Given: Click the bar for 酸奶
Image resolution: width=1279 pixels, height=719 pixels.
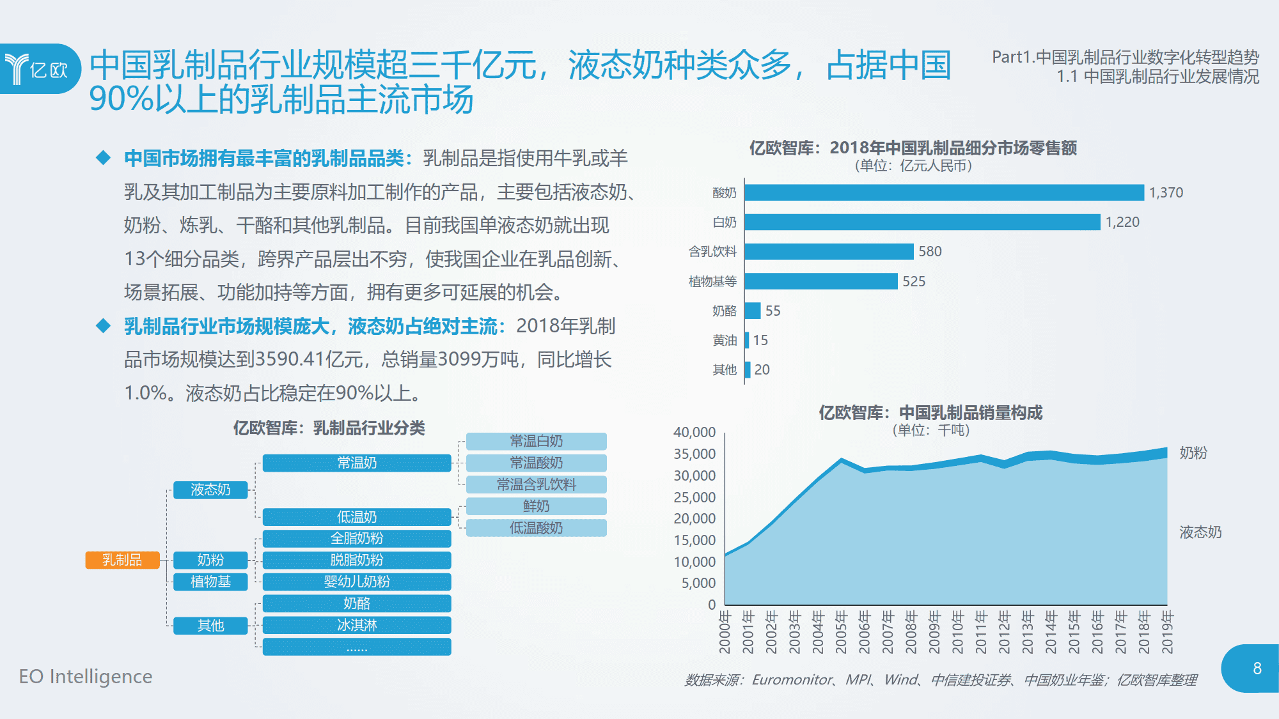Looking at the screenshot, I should [x=943, y=192].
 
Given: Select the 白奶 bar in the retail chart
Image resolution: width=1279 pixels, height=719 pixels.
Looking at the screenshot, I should [x=922, y=222].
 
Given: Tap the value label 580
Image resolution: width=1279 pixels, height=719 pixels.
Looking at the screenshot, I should [x=930, y=251].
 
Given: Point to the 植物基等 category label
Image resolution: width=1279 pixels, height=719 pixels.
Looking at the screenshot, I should [x=712, y=281].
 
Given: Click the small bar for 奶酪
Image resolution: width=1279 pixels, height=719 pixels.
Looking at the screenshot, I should [x=753, y=311].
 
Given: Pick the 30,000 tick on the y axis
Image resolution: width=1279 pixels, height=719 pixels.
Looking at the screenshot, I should [x=694, y=475].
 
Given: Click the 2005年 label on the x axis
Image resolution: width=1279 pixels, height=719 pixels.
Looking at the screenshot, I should [x=841, y=631].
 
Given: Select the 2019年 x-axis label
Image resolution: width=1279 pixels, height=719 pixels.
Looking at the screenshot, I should [x=1167, y=631].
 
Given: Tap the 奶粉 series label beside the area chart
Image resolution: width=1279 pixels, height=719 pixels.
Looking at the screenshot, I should [x=1193, y=452].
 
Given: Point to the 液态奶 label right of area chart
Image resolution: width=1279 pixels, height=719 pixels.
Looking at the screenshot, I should [x=1200, y=532].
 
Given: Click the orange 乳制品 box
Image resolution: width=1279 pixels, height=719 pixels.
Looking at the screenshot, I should [x=122, y=560].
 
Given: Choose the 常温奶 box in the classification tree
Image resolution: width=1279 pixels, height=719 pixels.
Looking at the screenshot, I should [x=357, y=463].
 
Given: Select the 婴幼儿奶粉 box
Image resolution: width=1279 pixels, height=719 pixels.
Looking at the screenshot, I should [x=357, y=582].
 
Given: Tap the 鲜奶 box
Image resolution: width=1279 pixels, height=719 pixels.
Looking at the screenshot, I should [x=536, y=506].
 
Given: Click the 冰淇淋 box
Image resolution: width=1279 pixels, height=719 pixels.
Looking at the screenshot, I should [x=357, y=625].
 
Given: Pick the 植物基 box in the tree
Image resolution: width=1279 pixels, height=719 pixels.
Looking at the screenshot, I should [x=210, y=582].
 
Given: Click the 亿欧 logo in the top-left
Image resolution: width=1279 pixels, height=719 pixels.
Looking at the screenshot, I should [x=38, y=69].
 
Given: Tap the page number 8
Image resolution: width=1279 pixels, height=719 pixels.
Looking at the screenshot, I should [x=1257, y=669].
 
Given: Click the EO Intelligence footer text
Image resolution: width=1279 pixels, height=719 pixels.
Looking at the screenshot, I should [x=86, y=676].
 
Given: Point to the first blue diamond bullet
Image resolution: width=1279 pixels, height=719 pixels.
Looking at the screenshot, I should [x=103, y=158].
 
